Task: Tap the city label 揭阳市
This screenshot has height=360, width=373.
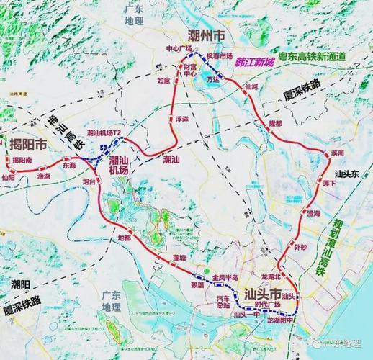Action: click(26, 144)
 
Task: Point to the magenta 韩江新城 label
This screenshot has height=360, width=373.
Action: click(255, 63)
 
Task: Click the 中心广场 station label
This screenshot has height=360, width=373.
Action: click(179, 48)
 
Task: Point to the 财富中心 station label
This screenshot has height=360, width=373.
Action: click(190, 70)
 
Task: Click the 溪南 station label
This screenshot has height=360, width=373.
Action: click(335, 153)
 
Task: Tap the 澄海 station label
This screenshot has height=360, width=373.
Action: click(313, 213)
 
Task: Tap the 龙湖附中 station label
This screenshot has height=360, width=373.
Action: click(282, 320)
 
